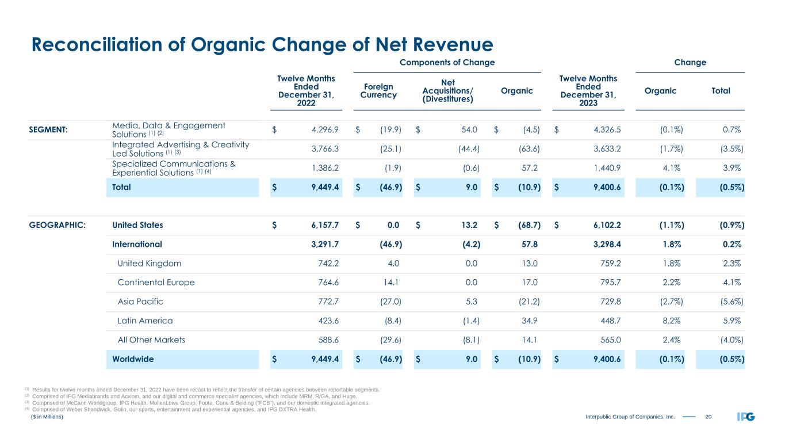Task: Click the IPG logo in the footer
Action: click(x=745, y=417)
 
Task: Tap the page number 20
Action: click(x=709, y=417)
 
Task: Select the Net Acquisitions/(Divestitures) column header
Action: click(x=448, y=91)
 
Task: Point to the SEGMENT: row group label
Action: click(x=48, y=129)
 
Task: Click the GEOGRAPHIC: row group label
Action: click(x=57, y=225)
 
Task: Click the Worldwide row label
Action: click(x=133, y=359)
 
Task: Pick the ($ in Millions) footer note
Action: click(x=47, y=417)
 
